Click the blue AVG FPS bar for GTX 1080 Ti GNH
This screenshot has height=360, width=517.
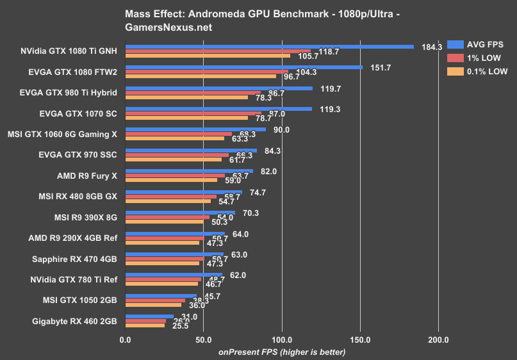pos(269,47)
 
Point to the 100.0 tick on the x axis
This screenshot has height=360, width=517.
pos(282,340)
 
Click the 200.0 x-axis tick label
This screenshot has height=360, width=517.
pos(438,340)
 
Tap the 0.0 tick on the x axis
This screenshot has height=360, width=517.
pos(126,340)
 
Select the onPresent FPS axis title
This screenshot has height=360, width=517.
pos(282,352)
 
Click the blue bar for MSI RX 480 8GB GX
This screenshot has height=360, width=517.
pos(183,191)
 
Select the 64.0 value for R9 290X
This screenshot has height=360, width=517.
pos(240,234)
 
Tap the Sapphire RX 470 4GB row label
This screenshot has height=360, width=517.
pos(74,259)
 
